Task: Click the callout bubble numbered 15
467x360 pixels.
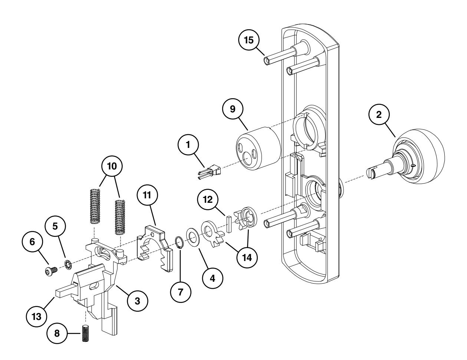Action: (249, 40)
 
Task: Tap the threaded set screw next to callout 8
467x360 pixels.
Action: (86, 333)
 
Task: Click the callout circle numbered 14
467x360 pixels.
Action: (245, 256)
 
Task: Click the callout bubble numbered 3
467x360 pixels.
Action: (137, 301)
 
